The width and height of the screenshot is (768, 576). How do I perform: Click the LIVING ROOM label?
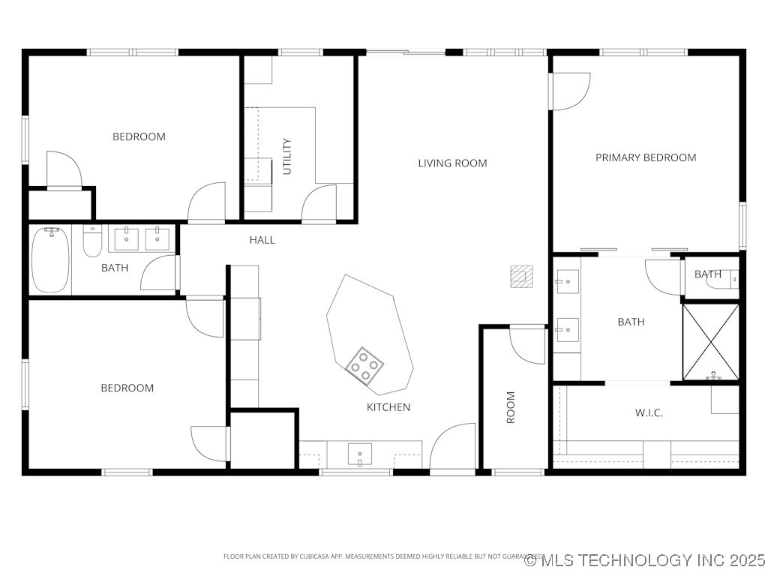pos(452,163)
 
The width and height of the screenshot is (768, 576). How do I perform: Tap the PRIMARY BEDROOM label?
pos(645,157)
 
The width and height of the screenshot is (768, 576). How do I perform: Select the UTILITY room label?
pos(286,157)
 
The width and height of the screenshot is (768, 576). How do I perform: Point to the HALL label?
pos(262,240)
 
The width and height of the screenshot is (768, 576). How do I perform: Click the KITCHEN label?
pos(388,407)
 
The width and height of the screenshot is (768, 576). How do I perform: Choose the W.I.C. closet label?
pos(649,412)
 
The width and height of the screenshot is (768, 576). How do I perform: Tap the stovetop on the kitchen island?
pos(364,366)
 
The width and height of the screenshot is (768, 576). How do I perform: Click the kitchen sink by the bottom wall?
pos(360,454)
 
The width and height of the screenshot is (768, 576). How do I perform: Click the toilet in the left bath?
pos(91,241)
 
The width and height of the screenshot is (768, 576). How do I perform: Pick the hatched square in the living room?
pos(520,276)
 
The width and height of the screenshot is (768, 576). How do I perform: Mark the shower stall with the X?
pos(710,341)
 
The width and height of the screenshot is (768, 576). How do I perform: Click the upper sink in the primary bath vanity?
pos(566,283)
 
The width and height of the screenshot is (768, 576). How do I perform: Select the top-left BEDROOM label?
pos(139,136)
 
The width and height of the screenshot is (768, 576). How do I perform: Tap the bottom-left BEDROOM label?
pos(127,388)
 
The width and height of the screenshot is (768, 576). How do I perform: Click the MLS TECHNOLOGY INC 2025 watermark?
pos(645,560)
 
